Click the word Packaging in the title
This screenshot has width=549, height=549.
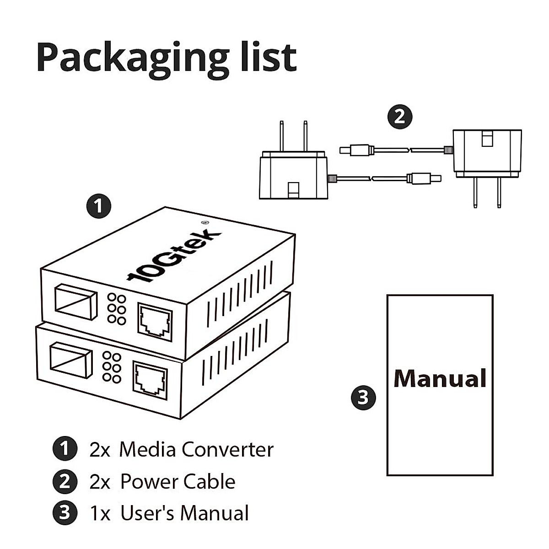(133, 60)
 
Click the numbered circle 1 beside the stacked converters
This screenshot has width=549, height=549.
(98, 206)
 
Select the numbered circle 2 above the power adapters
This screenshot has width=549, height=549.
(400, 117)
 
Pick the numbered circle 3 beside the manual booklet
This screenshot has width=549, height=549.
(364, 398)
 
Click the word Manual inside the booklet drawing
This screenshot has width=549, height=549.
(440, 379)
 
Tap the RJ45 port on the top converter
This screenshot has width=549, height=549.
(155, 322)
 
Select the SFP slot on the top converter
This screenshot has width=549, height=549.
(76, 301)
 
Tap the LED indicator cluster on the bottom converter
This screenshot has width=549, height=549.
(112, 367)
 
